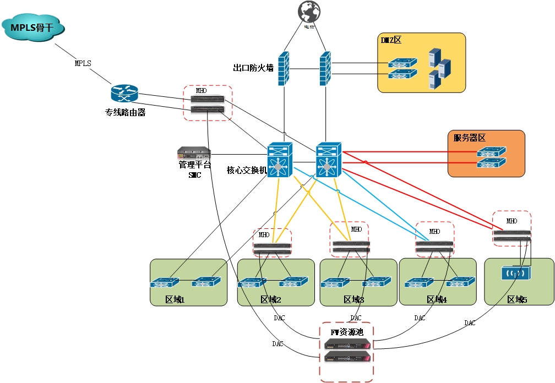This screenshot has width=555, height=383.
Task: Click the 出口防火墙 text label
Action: (x=253, y=68)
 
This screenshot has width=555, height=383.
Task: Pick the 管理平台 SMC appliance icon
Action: (x=194, y=153)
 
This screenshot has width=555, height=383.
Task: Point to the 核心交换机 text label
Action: (x=247, y=170)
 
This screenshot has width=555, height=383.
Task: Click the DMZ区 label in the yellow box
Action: (x=391, y=40)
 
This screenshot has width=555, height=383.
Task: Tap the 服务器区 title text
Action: (x=470, y=138)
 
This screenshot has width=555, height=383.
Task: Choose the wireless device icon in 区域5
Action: (x=513, y=273)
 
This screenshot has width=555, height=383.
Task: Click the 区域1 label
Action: (x=175, y=299)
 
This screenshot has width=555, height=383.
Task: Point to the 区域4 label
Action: (x=437, y=299)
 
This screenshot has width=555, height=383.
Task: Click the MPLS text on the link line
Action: (x=83, y=63)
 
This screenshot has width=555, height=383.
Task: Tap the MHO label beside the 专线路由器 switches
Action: (x=201, y=90)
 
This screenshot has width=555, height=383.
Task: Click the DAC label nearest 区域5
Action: (x=470, y=323)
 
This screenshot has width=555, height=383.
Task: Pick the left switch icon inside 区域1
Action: (x=164, y=283)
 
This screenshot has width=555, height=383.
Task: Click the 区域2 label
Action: (x=271, y=299)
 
